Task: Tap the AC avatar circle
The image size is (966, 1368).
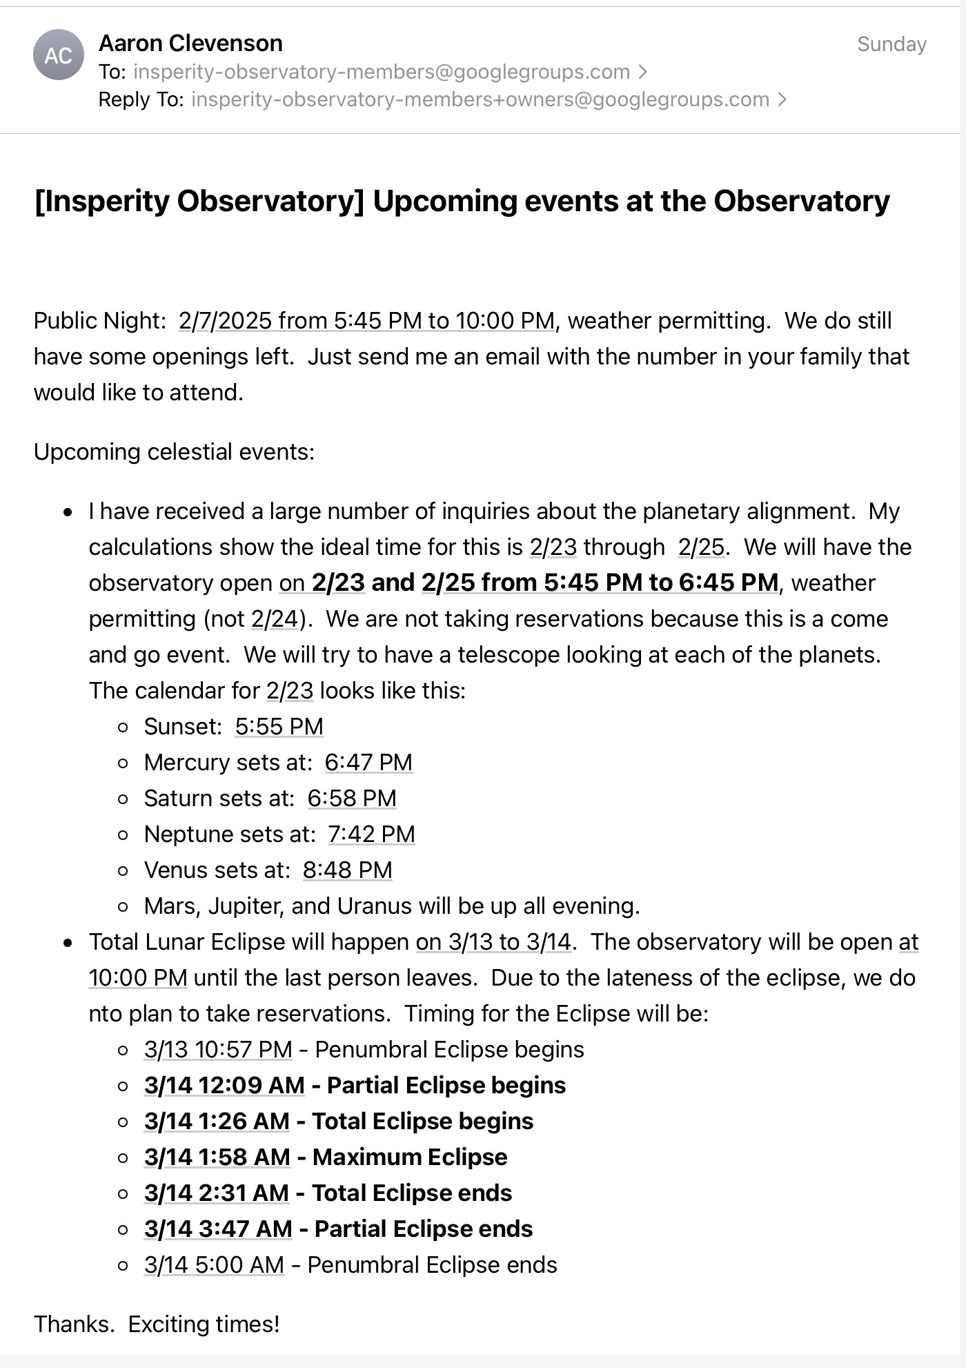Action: (59, 55)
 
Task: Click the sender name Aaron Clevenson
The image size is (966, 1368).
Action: (190, 43)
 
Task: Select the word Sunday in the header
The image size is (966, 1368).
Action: (891, 44)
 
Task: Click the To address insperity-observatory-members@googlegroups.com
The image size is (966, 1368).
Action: (381, 72)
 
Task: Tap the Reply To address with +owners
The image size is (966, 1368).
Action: (480, 99)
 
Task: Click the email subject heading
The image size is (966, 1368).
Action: (462, 202)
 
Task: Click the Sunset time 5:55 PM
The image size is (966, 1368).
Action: (279, 727)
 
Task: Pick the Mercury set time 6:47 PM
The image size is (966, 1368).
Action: (368, 763)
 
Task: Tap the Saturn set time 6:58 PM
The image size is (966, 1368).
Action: (352, 799)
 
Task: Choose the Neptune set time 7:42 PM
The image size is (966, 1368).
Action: (371, 834)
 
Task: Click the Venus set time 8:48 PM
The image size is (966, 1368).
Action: (347, 870)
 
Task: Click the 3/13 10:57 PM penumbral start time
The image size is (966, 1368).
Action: (218, 1050)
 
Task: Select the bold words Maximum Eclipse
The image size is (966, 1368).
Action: (410, 1157)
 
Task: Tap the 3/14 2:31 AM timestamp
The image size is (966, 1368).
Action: (217, 1193)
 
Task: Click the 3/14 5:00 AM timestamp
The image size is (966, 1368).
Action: (214, 1265)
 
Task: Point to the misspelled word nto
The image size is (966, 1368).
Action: (106, 1014)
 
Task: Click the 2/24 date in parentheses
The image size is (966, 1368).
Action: (275, 619)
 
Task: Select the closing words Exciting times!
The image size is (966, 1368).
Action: (204, 1325)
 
